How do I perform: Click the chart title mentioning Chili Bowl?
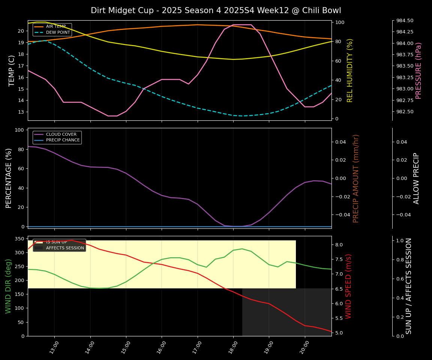(x=216, y=10)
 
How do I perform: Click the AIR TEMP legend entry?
(x=55, y=27)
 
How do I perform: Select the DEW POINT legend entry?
(x=58, y=33)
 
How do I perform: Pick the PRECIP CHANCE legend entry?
(x=63, y=140)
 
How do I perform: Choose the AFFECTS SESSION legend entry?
(x=65, y=248)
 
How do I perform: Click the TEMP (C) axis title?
(x=12, y=70)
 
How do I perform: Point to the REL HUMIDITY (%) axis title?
(x=350, y=70)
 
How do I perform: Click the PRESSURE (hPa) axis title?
(x=418, y=70)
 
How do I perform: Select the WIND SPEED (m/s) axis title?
(x=349, y=286)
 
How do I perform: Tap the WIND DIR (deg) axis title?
(x=8, y=286)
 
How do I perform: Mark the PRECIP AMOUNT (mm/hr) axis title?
(x=356, y=178)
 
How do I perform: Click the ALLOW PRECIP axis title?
(x=416, y=178)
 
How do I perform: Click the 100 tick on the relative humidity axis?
(x=340, y=22)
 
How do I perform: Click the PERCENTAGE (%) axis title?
(x=9, y=178)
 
